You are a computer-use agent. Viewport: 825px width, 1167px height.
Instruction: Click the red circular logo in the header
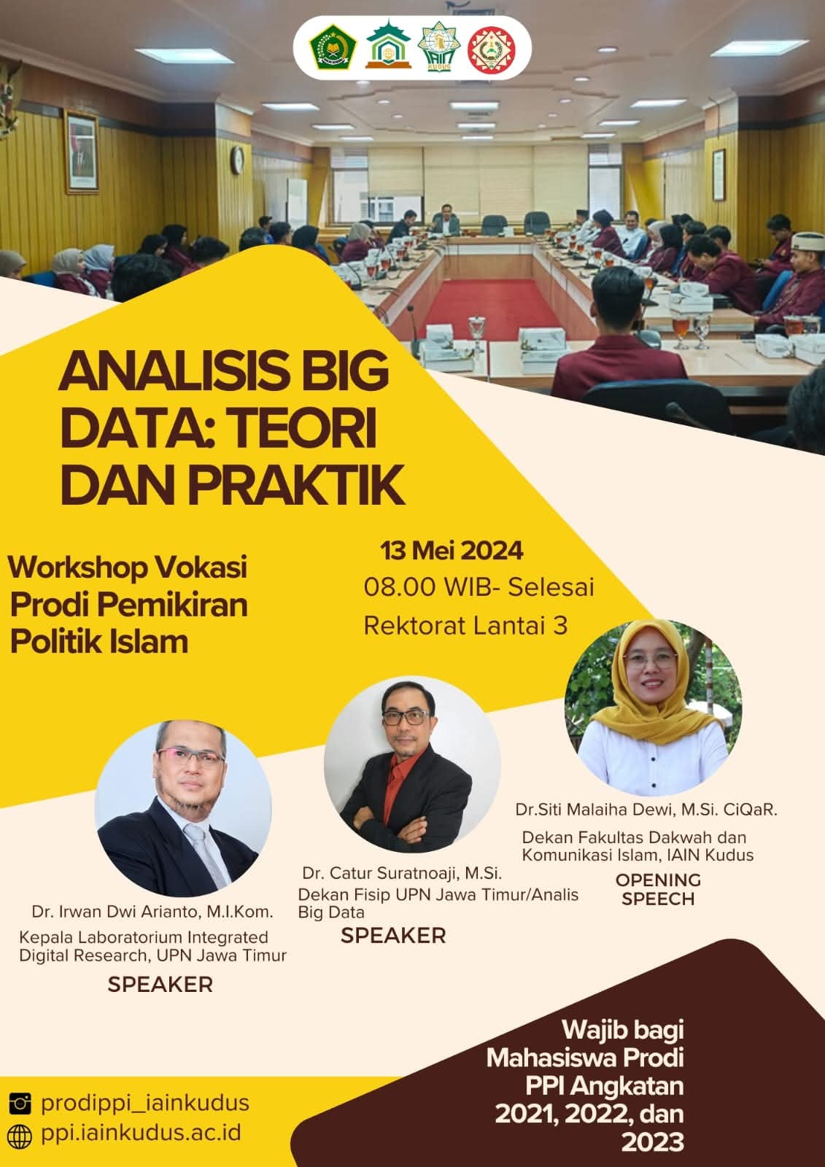[x=492, y=50]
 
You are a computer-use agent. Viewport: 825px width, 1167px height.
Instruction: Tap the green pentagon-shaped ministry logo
[x=333, y=48]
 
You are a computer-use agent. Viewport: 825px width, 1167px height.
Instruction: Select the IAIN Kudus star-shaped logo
[x=439, y=47]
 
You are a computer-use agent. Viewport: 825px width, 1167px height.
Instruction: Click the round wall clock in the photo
[x=237, y=160]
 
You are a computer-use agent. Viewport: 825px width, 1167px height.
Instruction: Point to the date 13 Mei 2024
[x=452, y=551]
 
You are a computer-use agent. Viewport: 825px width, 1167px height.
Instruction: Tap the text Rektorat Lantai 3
[x=465, y=625]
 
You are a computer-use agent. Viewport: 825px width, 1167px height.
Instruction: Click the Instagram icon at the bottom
[x=20, y=1104]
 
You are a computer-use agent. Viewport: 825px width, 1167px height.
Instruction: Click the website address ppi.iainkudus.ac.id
[x=142, y=1133]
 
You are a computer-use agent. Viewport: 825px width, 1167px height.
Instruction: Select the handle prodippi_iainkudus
[x=145, y=1103]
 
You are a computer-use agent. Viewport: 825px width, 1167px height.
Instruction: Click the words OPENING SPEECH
[x=658, y=889]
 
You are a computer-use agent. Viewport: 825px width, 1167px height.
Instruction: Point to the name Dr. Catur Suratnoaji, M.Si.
[x=402, y=872]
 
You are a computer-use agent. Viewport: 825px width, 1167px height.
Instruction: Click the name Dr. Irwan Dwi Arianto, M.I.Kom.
[x=152, y=911]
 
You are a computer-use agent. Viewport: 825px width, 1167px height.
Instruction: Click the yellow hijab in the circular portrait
[x=654, y=694]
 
